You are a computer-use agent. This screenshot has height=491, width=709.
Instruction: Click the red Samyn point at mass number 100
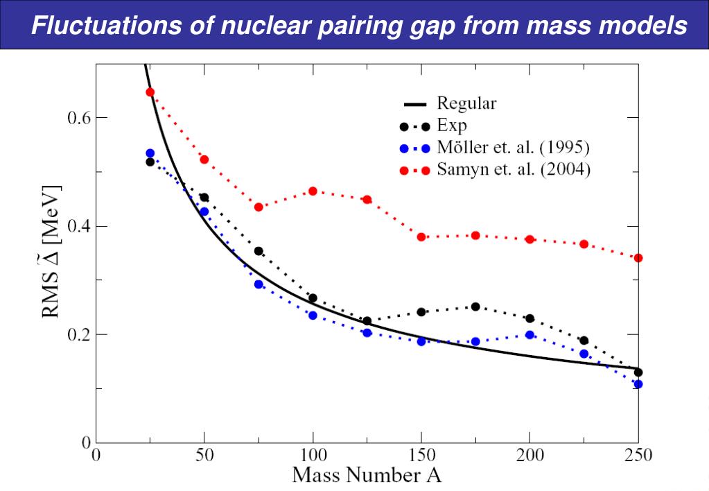313,191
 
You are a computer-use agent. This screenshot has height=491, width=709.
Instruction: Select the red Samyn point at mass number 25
150,92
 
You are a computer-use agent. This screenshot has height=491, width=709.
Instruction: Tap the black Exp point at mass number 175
475,307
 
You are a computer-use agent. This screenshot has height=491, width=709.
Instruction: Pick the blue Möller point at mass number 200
529,334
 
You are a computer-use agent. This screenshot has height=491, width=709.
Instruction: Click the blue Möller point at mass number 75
259,284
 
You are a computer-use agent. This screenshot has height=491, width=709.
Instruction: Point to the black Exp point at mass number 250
638,372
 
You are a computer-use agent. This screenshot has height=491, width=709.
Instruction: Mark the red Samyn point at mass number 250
638,258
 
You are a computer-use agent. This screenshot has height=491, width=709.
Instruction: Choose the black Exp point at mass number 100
313,298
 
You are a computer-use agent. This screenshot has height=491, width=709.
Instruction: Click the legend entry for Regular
466,105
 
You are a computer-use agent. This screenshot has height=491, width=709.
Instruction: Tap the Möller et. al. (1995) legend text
514,147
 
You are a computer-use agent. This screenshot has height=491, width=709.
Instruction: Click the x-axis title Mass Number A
367,476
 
